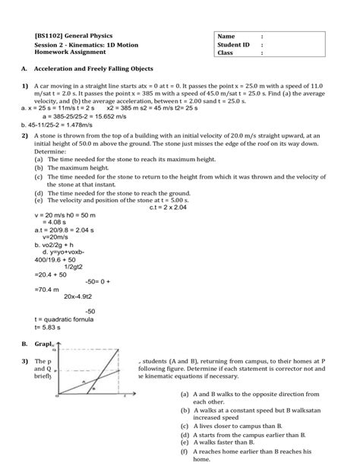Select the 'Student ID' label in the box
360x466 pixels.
pyautogui.click(x=232, y=45)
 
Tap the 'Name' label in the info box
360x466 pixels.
pyautogui.click(x=226, y=36)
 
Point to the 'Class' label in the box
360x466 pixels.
pyautogui.click(x=225, y=53)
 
